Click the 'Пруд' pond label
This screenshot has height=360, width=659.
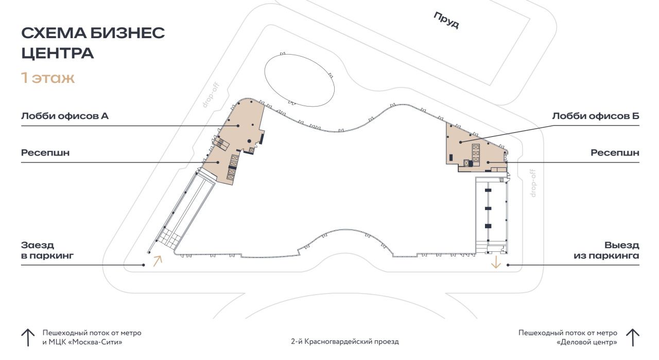[446, 20]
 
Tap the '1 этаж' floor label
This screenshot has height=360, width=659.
[48, 78]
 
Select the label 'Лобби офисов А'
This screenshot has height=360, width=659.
[65, 116]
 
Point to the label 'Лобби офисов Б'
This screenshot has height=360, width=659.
[596, 116]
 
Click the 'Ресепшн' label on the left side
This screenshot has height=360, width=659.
[45, 153]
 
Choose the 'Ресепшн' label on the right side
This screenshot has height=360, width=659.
[615, 153]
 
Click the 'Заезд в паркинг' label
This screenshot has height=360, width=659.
[47, 250]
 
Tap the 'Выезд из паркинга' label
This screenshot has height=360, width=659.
[606, 250]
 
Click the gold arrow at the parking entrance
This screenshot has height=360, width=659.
[158, 261]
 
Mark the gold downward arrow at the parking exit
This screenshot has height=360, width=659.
[496, 262]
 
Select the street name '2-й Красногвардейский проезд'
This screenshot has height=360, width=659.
[345, 342]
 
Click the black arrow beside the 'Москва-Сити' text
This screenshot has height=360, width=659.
[28, 338]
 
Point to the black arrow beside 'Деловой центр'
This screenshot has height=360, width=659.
[633, 338]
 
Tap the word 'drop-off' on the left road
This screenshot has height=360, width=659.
[211, 95]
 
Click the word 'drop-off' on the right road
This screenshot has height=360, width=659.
[533, 183]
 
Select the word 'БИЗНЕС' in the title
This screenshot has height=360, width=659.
[127, 32]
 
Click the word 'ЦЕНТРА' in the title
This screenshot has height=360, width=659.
[58, 53]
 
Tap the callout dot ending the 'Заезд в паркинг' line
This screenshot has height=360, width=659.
[144, 265]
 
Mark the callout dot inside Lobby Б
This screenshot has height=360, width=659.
[461, 142]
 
